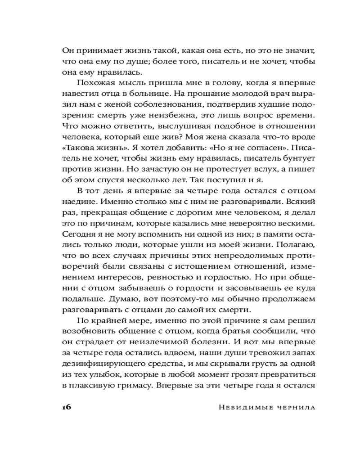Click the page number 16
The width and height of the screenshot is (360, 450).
click(x=66, y=407)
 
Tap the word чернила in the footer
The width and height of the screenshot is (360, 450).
click(x=294, y=407)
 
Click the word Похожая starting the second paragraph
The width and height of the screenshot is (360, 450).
click(x=95, y=83)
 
